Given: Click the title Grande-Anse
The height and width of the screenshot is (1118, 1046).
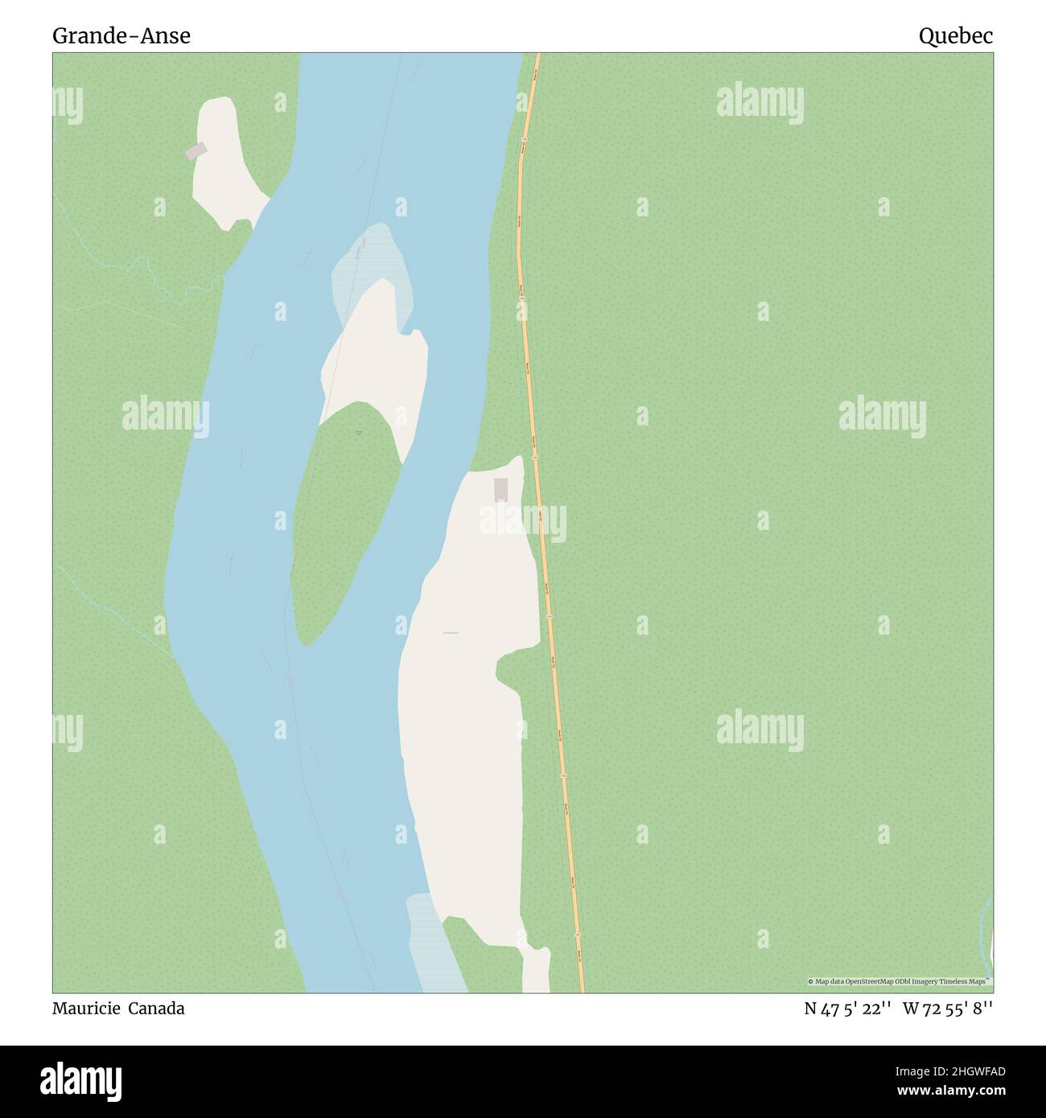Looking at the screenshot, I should click(x=121, y=35).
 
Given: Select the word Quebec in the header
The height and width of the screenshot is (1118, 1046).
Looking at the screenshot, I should click(x=956, y=35).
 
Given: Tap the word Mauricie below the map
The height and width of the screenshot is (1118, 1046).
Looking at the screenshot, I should click(x=84, y=1008).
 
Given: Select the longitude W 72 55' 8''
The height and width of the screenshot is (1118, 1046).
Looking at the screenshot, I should click(x=948, y=1008).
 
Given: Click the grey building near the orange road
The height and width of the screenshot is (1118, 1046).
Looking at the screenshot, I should click(x=500, y=489).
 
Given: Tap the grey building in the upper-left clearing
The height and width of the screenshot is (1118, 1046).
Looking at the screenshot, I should click(x=196, y=151).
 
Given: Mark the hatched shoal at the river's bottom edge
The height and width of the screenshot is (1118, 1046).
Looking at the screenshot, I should click(x=434, y=949).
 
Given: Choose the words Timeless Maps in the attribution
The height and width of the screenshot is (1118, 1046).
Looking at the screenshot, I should click(x=968, y=981).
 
